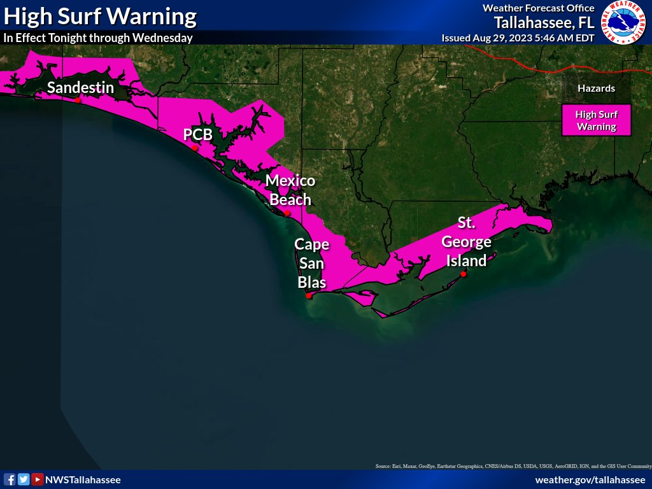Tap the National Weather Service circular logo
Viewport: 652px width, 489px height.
pyautogui.click(x=625, y=23)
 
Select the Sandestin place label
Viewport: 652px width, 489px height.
pyautogui.click(x=80, y=87)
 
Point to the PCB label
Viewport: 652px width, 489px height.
pyautogui.click(x=197, y=134)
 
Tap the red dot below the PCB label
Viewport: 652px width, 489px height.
pyautogui.click(x=195, y=148)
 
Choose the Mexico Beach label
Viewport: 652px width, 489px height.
pyautogui.click(x=290, y=190)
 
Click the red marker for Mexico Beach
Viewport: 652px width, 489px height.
pyautogui.click(x=288, y=213)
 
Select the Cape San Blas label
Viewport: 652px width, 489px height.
pyautogui.click(x=311, y=263)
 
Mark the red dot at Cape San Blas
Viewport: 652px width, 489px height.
pyautogui.click(x=309, y=295)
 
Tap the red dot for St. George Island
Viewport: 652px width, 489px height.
pyautogui.click(x=464, y=274)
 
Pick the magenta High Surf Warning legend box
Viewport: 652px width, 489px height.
pyautogui.click(x=596, y=120)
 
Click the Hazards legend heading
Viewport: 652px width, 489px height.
pyautogui.click(x=596, y=89)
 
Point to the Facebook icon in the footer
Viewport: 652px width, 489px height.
pyautogui.click(x=10, y=479)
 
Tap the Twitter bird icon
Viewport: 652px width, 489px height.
pyautogui.click(x=24, y=479)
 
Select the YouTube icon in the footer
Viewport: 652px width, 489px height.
pyautogui.click(x=38, y=479)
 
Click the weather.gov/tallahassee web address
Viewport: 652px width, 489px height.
pyautogui.click(x=590, y=479)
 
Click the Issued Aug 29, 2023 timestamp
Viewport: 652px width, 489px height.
pyautogui.click(x=518, y=38)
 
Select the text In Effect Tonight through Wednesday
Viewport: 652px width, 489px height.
pyautogui.click(x=98, y=38)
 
